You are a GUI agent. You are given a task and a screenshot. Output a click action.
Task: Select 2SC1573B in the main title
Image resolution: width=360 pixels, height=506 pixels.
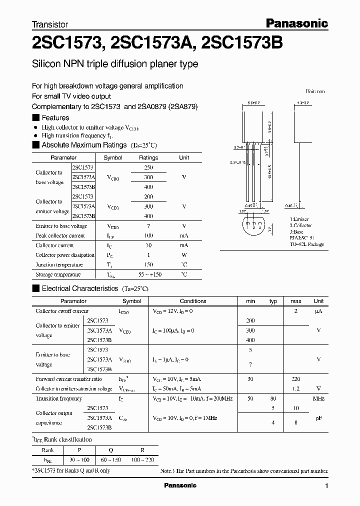[x=241, y=43]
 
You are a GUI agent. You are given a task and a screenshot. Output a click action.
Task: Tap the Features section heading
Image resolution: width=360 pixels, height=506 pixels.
[x=55, y=118]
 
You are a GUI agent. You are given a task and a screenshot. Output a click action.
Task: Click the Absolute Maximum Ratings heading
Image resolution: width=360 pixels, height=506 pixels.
[x=83, y=145]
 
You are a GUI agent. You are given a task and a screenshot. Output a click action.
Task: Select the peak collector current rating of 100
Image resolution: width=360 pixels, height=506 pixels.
[x=148, y=235]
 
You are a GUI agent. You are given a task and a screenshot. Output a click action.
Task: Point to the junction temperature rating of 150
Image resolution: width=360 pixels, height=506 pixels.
[x=148, y=264]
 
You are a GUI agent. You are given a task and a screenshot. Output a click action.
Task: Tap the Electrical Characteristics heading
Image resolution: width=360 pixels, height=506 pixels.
[x=79, y=288]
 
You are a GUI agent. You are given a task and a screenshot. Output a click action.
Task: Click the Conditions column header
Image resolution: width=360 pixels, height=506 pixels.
[x=193, y=301]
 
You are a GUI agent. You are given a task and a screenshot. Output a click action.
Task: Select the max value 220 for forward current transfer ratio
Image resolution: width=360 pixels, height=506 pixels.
[x=295, y=379]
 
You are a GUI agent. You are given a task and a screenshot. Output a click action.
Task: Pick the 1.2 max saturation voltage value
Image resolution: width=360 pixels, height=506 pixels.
[x=295, y=388]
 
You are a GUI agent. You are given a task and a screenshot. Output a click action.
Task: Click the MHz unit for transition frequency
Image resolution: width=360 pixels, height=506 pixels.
[x=318, y=398]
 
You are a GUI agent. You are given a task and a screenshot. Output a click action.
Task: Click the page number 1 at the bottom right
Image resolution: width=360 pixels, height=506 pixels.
[x=326, y=486]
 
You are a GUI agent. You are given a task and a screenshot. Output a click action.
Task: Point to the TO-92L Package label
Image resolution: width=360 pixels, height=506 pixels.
[x=307, y=244]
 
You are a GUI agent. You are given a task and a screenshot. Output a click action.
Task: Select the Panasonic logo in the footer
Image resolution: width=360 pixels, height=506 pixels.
[x=180, y=485]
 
